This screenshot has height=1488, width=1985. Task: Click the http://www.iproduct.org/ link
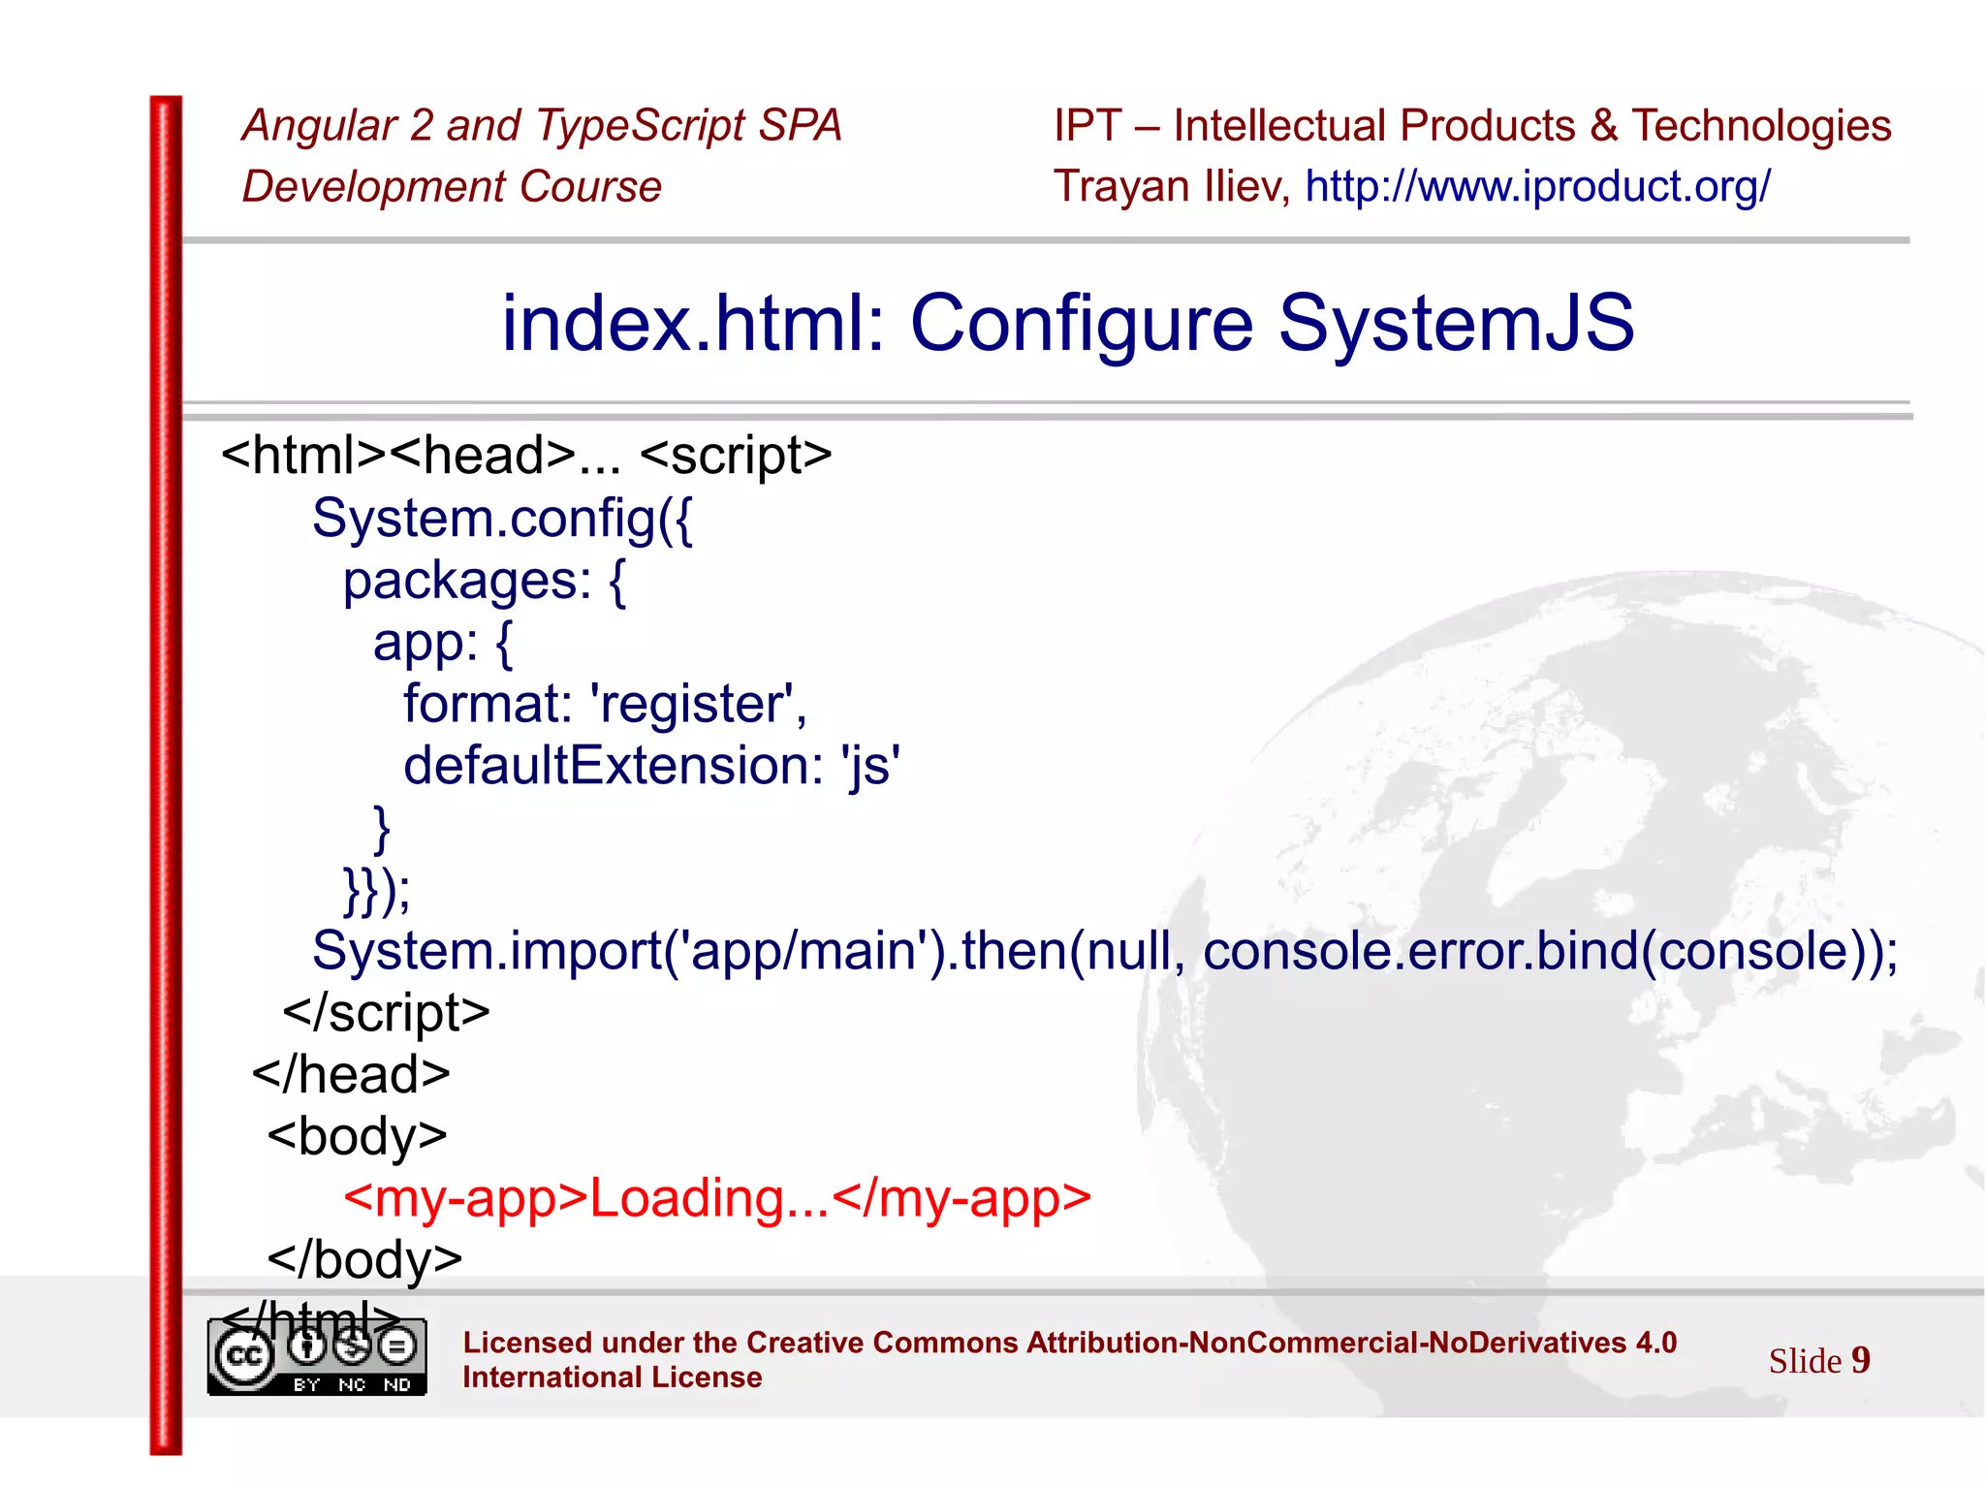[1537, 186]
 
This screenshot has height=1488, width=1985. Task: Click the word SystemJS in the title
[1456, 323]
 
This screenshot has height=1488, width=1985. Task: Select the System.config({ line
[502, 519]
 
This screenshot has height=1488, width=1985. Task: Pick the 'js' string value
[870, 766]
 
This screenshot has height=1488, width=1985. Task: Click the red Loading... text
[709, 1199]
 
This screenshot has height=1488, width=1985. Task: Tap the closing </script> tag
[386, 1013]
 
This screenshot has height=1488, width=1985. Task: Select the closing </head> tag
[351, 1075]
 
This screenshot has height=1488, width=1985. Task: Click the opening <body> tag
[357, 1137]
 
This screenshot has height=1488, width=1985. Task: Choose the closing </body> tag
[364, 1260]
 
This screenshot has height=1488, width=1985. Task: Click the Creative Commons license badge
[317, 1357]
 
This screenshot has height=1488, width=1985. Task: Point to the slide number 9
[1860, 1360]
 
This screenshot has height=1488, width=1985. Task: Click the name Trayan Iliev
[1170, 186]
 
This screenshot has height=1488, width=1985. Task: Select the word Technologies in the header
[1761, 126]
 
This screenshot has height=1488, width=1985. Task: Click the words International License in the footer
[612, 1377]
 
